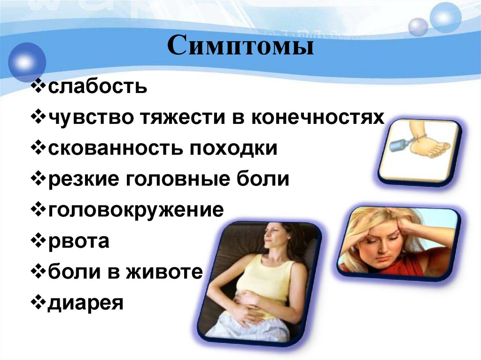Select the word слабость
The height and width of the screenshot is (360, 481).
click(97, 87)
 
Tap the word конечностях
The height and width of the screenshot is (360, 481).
click(317, 118)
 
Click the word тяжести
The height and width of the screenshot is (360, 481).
click(174, 118)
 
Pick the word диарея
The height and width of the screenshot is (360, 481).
click(85, 303)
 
